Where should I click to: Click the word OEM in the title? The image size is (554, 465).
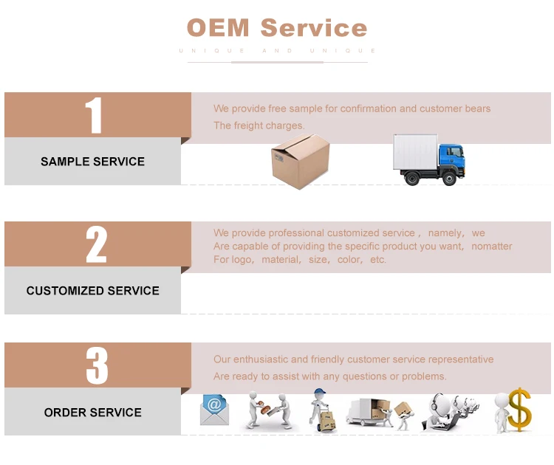(219, 28)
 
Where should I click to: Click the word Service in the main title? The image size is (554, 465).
(314, 28)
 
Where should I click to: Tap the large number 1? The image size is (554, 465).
(93, 115)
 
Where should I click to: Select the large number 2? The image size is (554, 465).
(96, 244)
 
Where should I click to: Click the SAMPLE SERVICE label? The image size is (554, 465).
(92, 162)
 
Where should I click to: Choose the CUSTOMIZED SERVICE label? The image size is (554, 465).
(93, 291)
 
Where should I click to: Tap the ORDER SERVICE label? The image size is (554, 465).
(93, 413)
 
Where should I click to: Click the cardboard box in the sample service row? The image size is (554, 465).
(300, 161)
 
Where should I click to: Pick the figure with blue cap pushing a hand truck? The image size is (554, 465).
(322, 410)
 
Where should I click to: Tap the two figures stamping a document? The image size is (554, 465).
(265, 410)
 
